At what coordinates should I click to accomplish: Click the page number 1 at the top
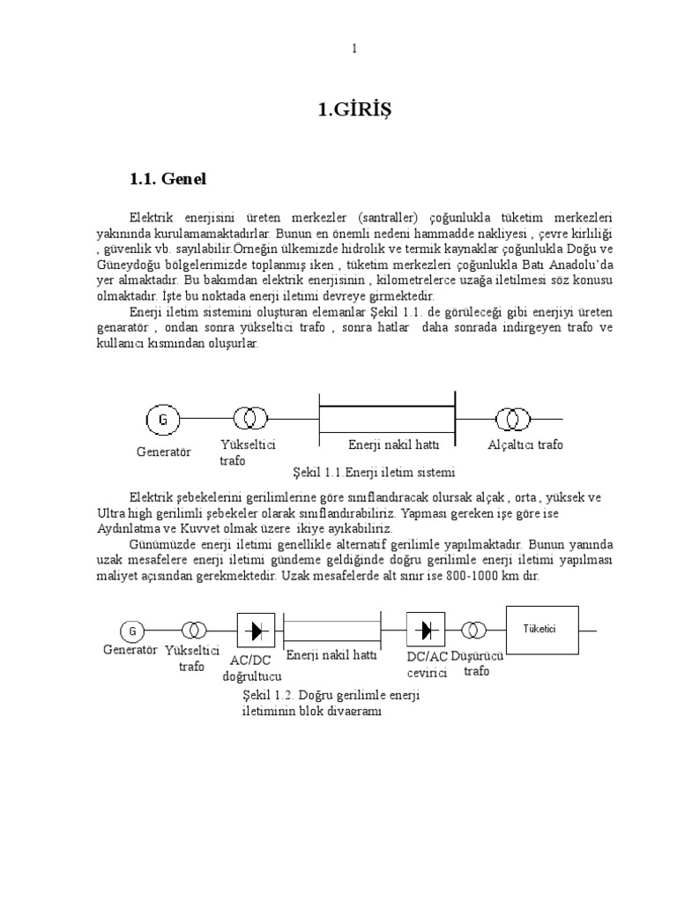coord(354,49)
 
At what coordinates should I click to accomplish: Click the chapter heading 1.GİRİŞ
coord(353,110)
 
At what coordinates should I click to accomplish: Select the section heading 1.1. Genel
coord(167,179)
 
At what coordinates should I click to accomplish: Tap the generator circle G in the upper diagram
coord(162,419)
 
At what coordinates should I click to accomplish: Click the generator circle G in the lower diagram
coord(132,631)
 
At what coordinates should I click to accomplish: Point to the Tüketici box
coord(541,630)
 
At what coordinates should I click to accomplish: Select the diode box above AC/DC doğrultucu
coord(257,631)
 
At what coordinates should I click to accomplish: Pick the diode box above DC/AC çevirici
coord(426,630)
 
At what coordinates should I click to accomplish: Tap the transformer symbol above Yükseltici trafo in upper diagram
coord(248,419)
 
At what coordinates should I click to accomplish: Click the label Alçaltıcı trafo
coord(525,444)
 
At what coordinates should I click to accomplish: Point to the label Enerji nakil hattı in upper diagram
coord(388,444)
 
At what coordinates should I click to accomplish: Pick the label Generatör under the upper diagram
coord(164,451)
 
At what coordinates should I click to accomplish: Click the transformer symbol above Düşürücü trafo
coord(474,630)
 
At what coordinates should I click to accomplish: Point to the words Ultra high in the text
coord(126,512)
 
